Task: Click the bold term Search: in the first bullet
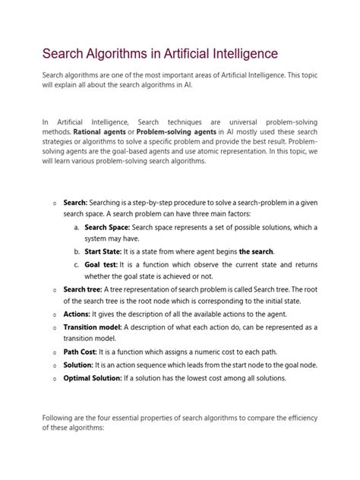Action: [x=75, y=204]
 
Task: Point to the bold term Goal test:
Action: [x=100, y=264]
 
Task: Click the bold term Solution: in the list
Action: [x=81, y=365]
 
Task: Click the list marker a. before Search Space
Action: [x=77, y=227]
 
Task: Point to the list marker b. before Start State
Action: [x=77, y=251]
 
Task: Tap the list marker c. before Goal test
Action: [x=77, y=264]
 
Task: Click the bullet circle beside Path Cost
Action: [x=54, y=352]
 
